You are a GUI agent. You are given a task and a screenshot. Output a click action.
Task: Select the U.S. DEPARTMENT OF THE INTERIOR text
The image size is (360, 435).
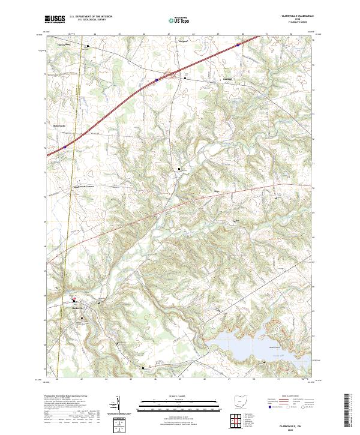pos(91,16)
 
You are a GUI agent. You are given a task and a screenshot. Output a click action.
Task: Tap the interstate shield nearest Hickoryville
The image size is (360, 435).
pos(64,146)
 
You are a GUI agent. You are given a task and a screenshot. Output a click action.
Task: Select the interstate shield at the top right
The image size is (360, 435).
pos(238,44)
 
